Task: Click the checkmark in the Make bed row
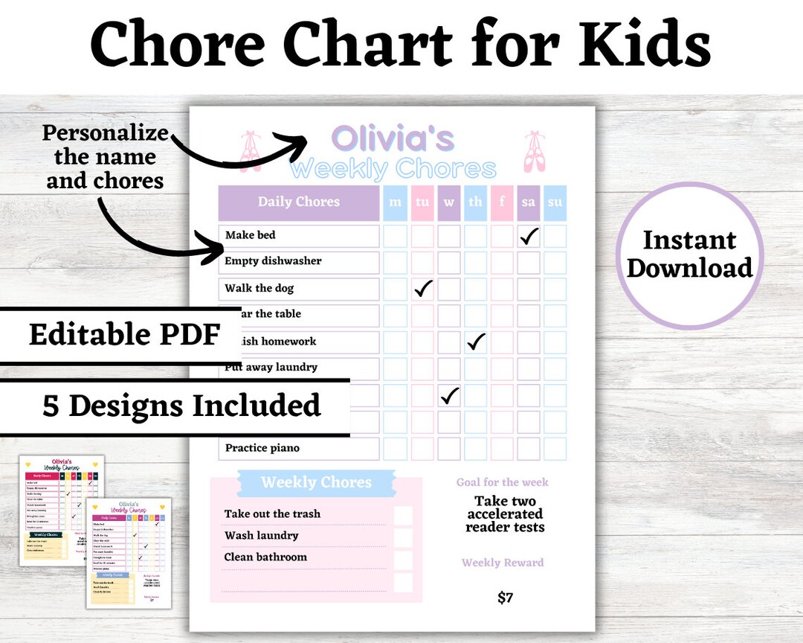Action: (x=529, y=237)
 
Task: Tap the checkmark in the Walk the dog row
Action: (x=423, y=289)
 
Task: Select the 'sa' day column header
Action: (x=529, y=202)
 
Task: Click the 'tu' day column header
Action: (x=422, y=202)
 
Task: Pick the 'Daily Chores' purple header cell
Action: (x=298, y=202)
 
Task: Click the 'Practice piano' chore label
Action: (x=262, y=448)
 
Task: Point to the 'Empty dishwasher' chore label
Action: (x=273, y=261)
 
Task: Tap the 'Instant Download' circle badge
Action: (x=689, y=255)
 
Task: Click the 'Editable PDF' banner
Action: (x=124, y=335)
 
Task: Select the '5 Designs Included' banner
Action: (x=181, y=406)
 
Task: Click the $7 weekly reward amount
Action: (x=505, y=598)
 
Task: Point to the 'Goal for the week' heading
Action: (x=502, y=482)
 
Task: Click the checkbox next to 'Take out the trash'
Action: (x=403, y=516)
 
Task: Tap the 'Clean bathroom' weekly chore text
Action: (x=265, y=557)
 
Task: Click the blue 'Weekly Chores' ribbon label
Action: (x=316, y=483)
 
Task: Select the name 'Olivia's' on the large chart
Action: (x=392, y=138)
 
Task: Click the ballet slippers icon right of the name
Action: (x=532, y=151)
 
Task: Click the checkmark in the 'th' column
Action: (x=476, y=342)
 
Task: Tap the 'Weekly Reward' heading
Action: (x=503, y=563)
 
